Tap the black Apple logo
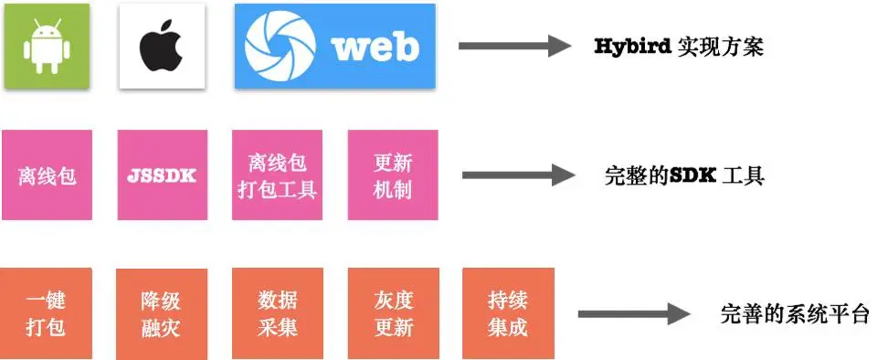click(x=162, y=47)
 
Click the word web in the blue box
click(x=375, y=47)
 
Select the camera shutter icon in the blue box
click(x=282, y=47)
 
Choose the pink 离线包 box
click(x=47, y=175)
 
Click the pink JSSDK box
click(x=162, y=175)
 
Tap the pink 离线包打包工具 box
click(x=278, y=175)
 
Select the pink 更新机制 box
click(x=393, y=175)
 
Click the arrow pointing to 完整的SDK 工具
click(x=516, y=175)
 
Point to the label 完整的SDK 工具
click(x=684, y=175)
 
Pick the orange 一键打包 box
click(x=47, y=312)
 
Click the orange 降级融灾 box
click(x=162, y=312)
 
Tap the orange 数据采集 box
click(x=278, y=312)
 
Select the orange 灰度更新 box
click(x=393, y=312)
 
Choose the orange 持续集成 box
click(x=508, y=312)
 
